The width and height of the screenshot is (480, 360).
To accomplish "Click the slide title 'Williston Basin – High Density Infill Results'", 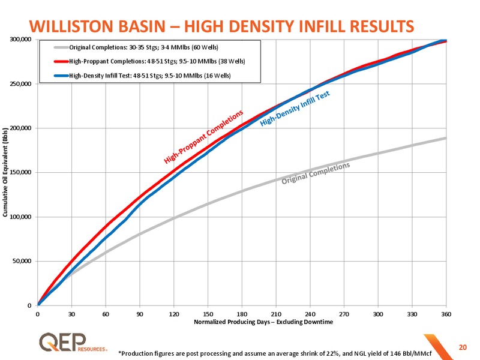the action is click(221, 26).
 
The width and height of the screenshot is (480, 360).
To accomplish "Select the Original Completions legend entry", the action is click(136, 47).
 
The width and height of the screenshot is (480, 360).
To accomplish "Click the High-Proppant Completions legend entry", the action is click(149, 61).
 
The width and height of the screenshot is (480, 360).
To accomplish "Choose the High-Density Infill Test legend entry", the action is click(142, 76).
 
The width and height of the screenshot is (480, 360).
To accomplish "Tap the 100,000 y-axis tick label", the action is click(20, 217).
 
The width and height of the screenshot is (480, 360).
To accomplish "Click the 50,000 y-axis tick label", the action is click(22, 261).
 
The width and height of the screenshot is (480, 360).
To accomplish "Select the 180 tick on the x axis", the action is click(242, 314).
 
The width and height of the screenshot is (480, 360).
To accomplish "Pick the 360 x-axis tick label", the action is click(446, 314).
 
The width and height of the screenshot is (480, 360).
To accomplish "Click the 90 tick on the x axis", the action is click(140, 314).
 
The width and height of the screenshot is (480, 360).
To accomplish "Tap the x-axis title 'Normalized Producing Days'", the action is click(232, 322).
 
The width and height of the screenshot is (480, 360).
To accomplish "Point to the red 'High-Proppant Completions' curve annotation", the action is click(203, 137).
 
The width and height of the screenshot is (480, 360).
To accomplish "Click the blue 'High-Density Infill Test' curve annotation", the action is click(295, 109).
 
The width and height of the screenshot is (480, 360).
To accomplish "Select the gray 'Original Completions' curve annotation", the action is click(316, 173).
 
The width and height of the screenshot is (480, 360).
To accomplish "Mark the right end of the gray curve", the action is click(446, 138).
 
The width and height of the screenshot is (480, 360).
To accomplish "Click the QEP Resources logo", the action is click(73, 342).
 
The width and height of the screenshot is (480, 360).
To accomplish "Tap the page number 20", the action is click(463, 347).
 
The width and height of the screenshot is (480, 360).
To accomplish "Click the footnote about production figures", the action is click(275, 353).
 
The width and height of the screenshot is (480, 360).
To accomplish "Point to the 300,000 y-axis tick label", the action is click(20, 40).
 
